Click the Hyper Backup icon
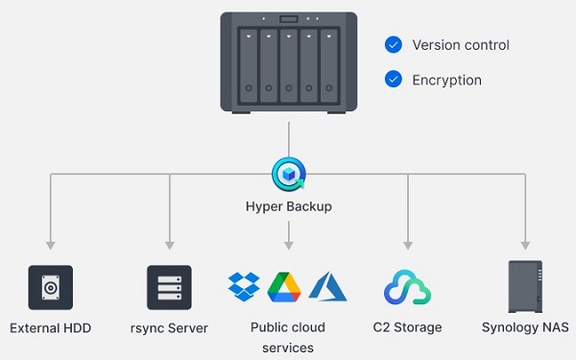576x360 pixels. (x=288, y=174)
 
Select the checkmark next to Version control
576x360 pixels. (x=393, y=45)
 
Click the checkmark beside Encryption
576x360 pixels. (x=393, y=80)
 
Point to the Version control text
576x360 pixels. (x=460, y=45)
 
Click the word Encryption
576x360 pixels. (x=446, y=81)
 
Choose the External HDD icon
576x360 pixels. (x=50, y=287)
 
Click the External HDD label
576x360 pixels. (x=50, y=328)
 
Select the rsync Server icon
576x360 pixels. (x=169, y=287)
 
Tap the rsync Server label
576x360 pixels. (x=169, y=328)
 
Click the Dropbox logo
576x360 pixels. (x=244, y=286)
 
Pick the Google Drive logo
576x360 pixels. (x=285, y=286)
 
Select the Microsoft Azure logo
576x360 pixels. (x=328, y=286)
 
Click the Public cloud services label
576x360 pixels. (x=288, y=337)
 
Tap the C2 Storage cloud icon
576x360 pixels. (x=407, y=287)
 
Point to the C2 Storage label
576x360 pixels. (x=407, y=328)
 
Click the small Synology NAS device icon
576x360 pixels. (x=525, y=286)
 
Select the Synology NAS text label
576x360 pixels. (x=525, y=328)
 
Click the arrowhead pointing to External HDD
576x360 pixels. (x=50, y=245)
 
